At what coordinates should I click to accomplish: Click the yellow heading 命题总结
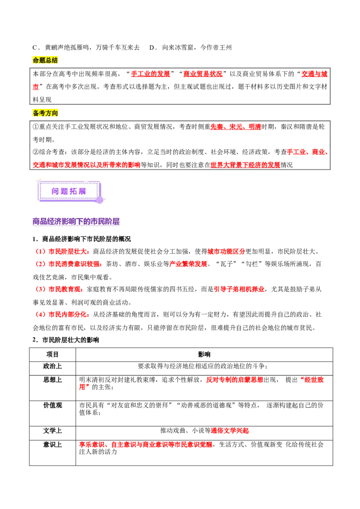(45, 60)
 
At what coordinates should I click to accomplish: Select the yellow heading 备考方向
(45, 113)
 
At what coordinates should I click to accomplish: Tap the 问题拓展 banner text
(69, 191)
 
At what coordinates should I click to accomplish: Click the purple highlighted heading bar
(77, 222)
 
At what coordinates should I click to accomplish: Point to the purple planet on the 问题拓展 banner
(99, 200)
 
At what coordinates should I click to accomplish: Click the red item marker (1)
(40, 251)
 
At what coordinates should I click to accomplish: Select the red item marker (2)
(40, 264)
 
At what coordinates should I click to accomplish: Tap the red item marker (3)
(40, 290)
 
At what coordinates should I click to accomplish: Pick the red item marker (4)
(40, 315)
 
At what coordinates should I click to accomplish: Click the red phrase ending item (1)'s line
(226, 251)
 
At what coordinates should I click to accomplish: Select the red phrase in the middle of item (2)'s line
(188, 264)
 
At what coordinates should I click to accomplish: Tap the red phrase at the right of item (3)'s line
(239, 290)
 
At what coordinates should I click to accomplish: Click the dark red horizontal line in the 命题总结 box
(180, 92)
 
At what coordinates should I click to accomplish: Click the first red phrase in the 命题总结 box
(151, 74)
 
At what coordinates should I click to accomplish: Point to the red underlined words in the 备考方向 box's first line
(235, 127)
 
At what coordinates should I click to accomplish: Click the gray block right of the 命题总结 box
(345, 87)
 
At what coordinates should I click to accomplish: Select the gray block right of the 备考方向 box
(345, 147)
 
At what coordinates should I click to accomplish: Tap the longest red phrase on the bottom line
(162, 445)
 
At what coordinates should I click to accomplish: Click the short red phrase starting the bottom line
(93, 445)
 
